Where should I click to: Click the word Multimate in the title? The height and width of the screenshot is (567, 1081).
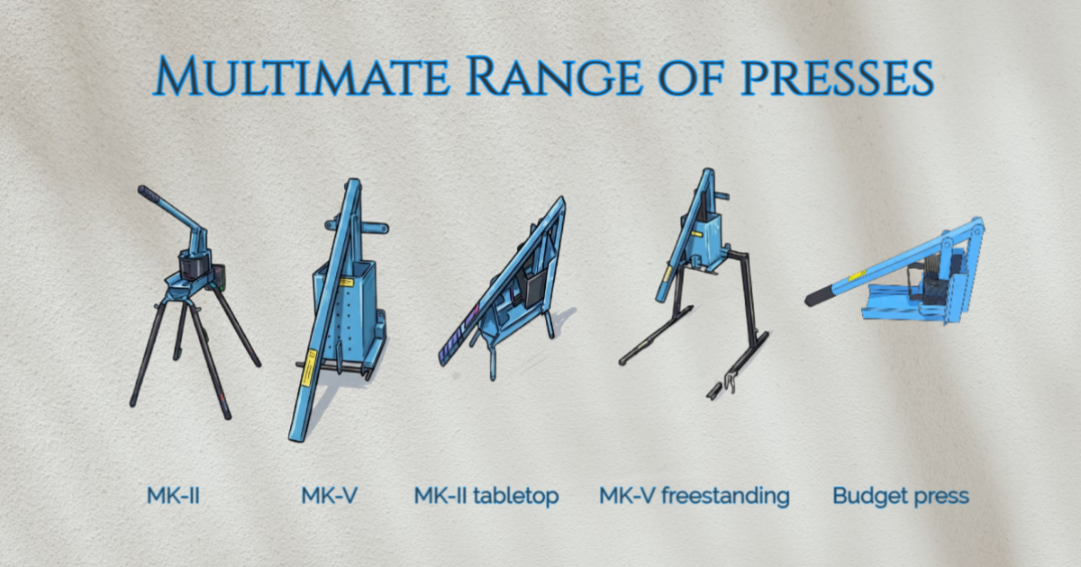coord(302,76)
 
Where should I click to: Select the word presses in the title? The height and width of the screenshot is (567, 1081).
coord(837,78)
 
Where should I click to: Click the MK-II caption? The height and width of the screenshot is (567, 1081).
coord(173,496)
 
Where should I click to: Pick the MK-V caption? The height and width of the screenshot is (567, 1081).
coord(329,496)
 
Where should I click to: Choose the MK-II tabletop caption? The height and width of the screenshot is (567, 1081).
coord(486,497)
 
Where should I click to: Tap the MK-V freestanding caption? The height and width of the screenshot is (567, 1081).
coord(694,497)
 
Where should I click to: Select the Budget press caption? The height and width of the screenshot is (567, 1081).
coord(901,497)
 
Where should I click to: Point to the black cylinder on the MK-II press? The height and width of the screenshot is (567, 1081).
coord(195,266)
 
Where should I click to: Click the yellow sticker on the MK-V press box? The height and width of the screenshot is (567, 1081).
coord(346,283)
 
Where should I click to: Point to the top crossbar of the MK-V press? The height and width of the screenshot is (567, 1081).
coord(357,226)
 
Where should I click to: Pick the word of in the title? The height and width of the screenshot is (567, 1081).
coord(691,77)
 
